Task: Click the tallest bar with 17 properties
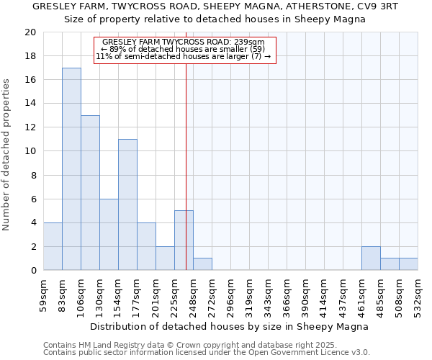pyautogui.click(x=71, y=169)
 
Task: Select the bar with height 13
pyautogui.click(x=90, y=193)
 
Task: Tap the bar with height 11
pyautogui.click(x=127, y=204)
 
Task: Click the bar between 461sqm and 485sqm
pyautogui.click(x=371, y=258)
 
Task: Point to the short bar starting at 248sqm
pyautogui.click(x=202, y=264)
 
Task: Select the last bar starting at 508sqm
pyautogui.click(x=408, y=264)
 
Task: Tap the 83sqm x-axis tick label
pyautogui.click(x=63, y=295)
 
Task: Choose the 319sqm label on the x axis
pyautogui.click(x=249, y=295)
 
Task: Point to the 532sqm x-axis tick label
pyautogui.click(x=418, y=295)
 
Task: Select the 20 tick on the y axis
pyautogui.click(x=30, y=32)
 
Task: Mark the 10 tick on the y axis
pyautogui.click(x=30, y=151)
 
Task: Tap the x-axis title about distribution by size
pyautogui.click(x=230, y=326)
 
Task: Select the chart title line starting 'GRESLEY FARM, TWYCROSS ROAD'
pyautogui.click(x=215, y=6)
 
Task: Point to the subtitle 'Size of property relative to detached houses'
pyautogui.click(x=215, y=19)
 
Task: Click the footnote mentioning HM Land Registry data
pyautogui.click(x=180, y=346)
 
